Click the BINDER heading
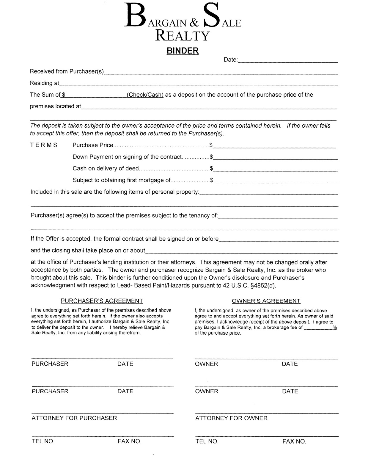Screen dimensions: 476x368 183,51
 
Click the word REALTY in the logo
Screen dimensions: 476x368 183,36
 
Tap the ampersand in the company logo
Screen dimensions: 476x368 194,23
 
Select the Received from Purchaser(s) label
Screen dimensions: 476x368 67,71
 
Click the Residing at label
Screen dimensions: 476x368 45,83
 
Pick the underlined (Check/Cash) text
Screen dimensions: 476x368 145,95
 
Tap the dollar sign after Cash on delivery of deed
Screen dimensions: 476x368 212,168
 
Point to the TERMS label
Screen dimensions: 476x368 44,145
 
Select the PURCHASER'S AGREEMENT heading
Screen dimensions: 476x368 102,301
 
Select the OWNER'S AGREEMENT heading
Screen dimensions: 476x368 266,301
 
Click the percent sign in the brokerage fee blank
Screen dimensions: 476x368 335,327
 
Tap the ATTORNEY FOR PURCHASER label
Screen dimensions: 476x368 74,418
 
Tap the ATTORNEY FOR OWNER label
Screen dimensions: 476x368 231,418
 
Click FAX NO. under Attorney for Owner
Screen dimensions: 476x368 294,441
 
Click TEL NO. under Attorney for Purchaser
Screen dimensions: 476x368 43,441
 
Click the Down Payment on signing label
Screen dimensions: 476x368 127,157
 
